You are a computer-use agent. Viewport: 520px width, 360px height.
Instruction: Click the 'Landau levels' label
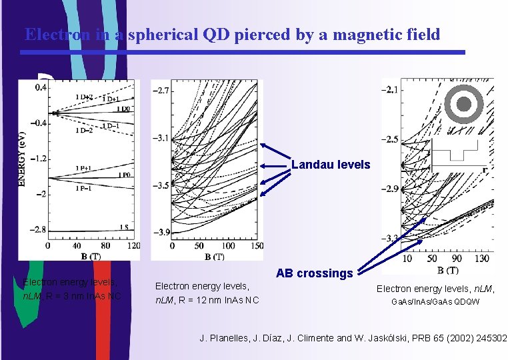click(330, 165)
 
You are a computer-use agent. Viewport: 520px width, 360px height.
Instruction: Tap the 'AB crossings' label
click(314, 273)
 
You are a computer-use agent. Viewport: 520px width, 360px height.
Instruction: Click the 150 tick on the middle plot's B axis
click(255, 246)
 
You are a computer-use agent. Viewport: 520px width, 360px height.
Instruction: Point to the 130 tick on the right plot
click(482, 258)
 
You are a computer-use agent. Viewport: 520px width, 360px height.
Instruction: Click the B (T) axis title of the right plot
click(447, 270)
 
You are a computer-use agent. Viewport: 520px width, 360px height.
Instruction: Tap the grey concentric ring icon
click(465, 105)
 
